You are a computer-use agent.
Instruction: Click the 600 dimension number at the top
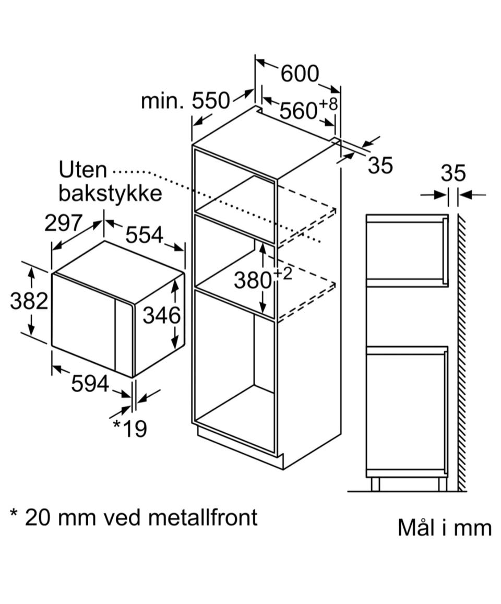click(x=300, y=74)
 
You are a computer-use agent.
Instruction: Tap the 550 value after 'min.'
click(x=211, y=101)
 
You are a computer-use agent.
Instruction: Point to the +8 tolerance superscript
click(x=328, y=104)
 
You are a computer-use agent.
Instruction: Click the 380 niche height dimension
click(x=253, y=280)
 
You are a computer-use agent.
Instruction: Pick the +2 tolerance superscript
click(x=283, y=274)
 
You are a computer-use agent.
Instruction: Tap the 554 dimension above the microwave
click(x=145, y=234)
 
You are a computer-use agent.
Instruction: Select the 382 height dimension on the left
click(x=29, y=301)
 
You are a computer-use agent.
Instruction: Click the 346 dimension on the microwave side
click(x=161, y=316)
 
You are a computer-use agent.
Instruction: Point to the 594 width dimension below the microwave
click(x=90, y=384)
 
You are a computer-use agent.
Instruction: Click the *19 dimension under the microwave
click(x=130, y=429)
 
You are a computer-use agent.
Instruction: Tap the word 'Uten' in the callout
click(x=82, y=170)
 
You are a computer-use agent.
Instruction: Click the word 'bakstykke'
click(x=110, y=194)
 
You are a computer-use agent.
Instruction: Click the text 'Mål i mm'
click(x=445, y=527)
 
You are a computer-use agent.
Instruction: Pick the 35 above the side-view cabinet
click(x=453, y=174)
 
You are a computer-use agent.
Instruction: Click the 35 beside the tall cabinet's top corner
click(x=380, y=165)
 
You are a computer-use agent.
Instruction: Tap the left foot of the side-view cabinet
click(x=375, y=484)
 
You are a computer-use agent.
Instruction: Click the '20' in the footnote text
click(x=38, y=517)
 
